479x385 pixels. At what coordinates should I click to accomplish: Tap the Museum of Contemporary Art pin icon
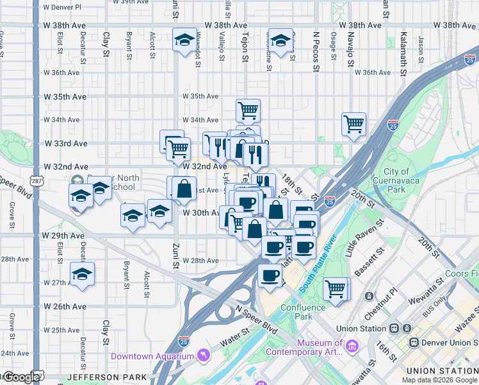click(x=351, y=347)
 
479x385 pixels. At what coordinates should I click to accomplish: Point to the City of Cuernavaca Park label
click(x=405, y=180)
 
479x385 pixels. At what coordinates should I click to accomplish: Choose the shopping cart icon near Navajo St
click(x=353, y=124)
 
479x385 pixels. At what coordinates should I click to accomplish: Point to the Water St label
click(x=236, y=333)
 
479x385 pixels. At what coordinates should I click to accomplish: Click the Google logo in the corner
click(x=22, y=377)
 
